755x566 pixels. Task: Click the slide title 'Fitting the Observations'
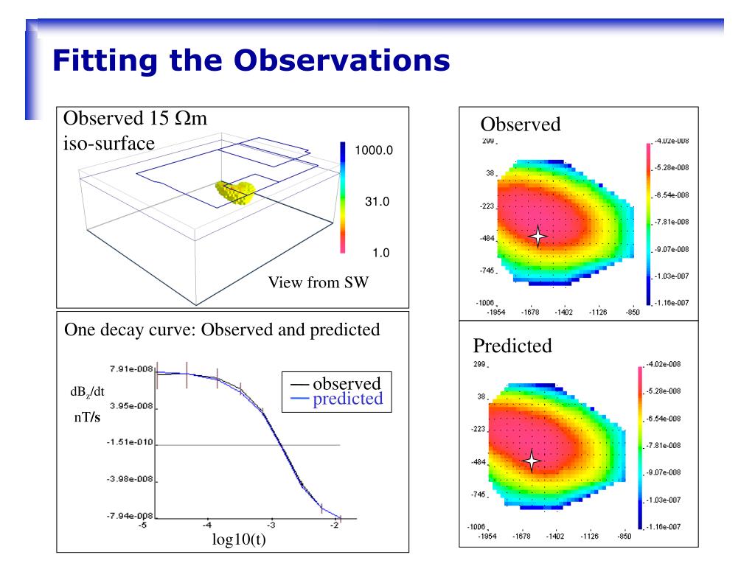[x=251, y=60]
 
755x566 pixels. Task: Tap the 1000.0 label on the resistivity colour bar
[x=374, y=150]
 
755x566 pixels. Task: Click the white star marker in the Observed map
[x=538, y=236]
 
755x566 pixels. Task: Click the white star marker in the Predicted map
[x=532, y=461]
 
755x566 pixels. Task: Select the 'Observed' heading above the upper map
[x=521, y=125]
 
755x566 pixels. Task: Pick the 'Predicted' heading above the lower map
[x=512, y=346]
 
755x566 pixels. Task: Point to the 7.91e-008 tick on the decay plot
[x=126, y=369]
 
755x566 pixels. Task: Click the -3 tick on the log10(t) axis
[x=271, y=525]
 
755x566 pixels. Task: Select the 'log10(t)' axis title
[x=238, y=541]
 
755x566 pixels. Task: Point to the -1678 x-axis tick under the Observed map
[x=530, y=312]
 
